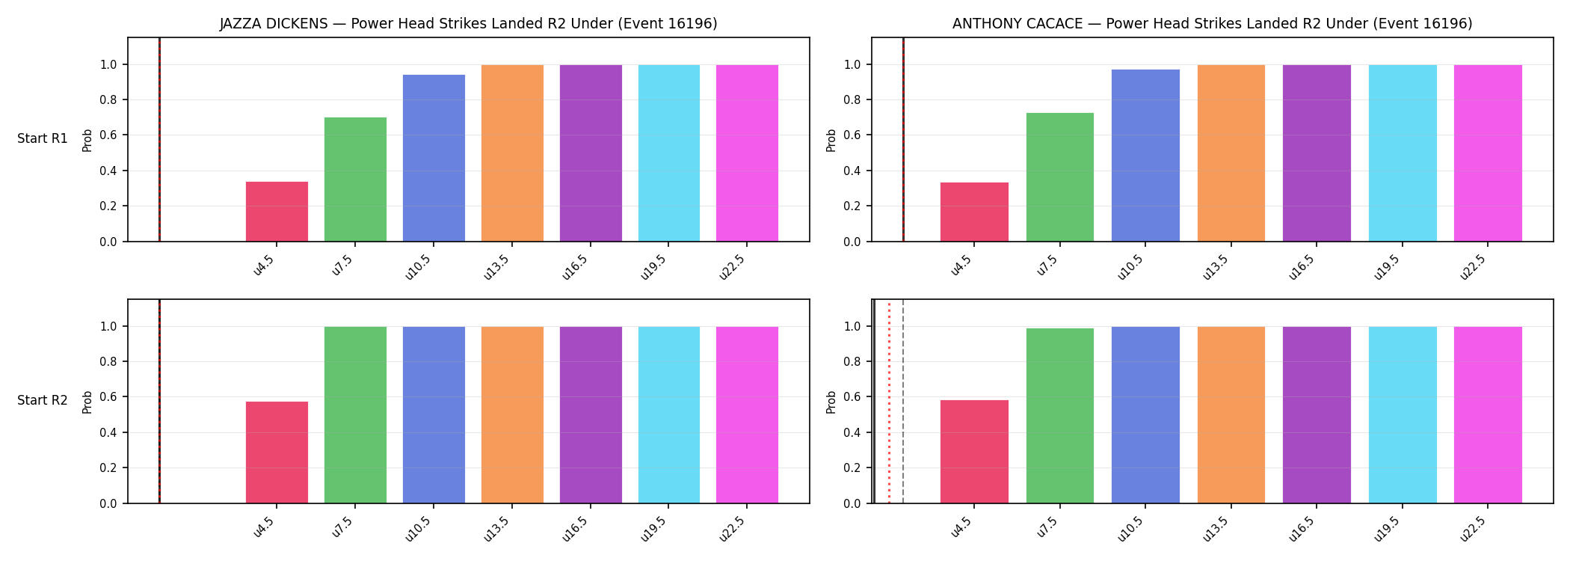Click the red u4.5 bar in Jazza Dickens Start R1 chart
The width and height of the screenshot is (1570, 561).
pos(277,212)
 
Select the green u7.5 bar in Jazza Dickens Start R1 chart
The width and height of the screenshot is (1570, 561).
pos(355,180)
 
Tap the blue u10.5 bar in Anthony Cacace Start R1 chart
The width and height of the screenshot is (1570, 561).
pos(1145,156)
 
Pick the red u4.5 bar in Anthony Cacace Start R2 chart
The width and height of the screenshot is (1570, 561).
pos(974,452)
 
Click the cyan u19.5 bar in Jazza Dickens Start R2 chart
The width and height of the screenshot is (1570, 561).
pos(669,415)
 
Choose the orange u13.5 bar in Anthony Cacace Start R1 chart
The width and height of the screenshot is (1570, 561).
pos(1231,153)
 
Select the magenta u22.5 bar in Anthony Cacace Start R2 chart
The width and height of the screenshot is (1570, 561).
pos(1488,415)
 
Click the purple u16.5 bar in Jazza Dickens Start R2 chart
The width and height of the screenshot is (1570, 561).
pos(591,415)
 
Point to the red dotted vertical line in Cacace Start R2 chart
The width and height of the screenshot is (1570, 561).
pos(889,402)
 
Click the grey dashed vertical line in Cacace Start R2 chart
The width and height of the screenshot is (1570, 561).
pos(903,402)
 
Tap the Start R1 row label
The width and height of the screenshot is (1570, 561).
pos(43,138)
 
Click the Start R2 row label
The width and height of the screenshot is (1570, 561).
pos(43,400)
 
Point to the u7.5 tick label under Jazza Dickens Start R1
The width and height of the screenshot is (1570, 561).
pos(342,265)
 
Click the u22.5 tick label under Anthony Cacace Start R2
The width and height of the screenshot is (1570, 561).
pos(1472,528)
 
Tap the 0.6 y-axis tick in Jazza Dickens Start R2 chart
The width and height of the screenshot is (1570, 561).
pos(108,397)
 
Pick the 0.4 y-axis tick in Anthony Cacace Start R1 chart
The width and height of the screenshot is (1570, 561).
pos(852,171)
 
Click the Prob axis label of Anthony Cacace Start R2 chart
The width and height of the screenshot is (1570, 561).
pos(831,402)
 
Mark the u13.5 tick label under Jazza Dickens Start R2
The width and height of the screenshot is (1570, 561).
pos(496,528)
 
